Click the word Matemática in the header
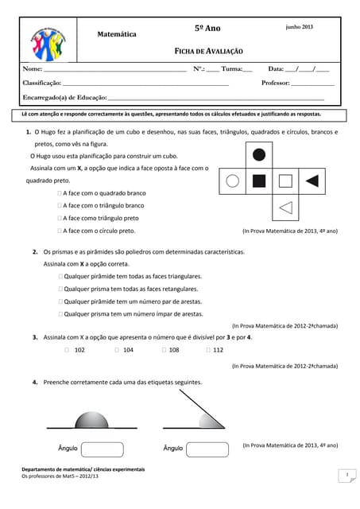117,34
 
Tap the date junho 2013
300,27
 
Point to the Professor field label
275,83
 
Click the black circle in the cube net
258,154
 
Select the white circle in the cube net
233,181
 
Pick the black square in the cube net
258,181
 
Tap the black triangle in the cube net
312,181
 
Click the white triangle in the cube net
286,208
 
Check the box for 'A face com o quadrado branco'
60,193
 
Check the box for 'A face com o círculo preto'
60,231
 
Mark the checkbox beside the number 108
164,349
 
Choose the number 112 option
208,349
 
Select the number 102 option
68,349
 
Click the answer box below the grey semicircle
102,449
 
